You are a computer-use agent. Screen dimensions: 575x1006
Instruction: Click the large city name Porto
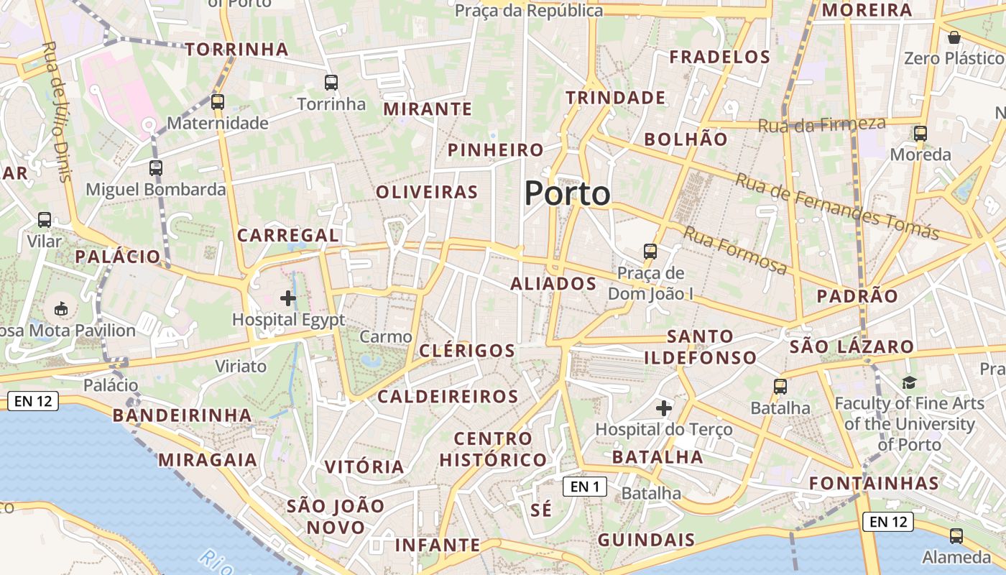click(568, 193)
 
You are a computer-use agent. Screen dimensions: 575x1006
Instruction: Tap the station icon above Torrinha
click(331, 83)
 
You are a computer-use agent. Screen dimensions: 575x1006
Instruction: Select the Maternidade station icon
click(218, 102)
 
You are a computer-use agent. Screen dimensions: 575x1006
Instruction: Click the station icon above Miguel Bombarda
click(156, 168)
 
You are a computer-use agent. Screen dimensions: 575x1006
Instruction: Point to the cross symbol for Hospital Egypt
click(288, 298)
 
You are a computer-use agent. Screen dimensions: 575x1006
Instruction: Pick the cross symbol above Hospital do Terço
click(664, 408)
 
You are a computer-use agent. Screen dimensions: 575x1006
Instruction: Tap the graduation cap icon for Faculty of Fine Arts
click(910, 382)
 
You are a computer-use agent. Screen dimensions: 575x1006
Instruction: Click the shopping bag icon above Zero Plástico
click(954, 37)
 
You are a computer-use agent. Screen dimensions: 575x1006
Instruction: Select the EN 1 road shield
click(585, 487)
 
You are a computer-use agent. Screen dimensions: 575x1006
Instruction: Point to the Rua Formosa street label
click(734, 250)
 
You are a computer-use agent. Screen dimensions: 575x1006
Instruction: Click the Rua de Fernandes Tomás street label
click(836, 206)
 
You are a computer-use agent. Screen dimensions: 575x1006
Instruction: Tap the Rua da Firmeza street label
click(822, 125)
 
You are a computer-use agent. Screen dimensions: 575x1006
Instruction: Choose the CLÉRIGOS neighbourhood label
click(467, 351)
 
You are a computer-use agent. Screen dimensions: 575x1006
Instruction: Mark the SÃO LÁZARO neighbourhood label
click(852, 347)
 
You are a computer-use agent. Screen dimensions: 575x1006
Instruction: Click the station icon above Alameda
click(956, 535)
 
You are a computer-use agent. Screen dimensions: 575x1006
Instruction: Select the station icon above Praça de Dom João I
click(650, 252)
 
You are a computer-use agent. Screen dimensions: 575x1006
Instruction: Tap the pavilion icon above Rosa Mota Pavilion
click(62, 310)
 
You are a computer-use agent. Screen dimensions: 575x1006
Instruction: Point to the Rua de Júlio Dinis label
click(57, 111)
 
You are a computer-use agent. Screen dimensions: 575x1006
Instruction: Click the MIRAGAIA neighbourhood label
click(208, 460)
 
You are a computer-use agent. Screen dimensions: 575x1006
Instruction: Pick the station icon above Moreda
click(920, 134)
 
